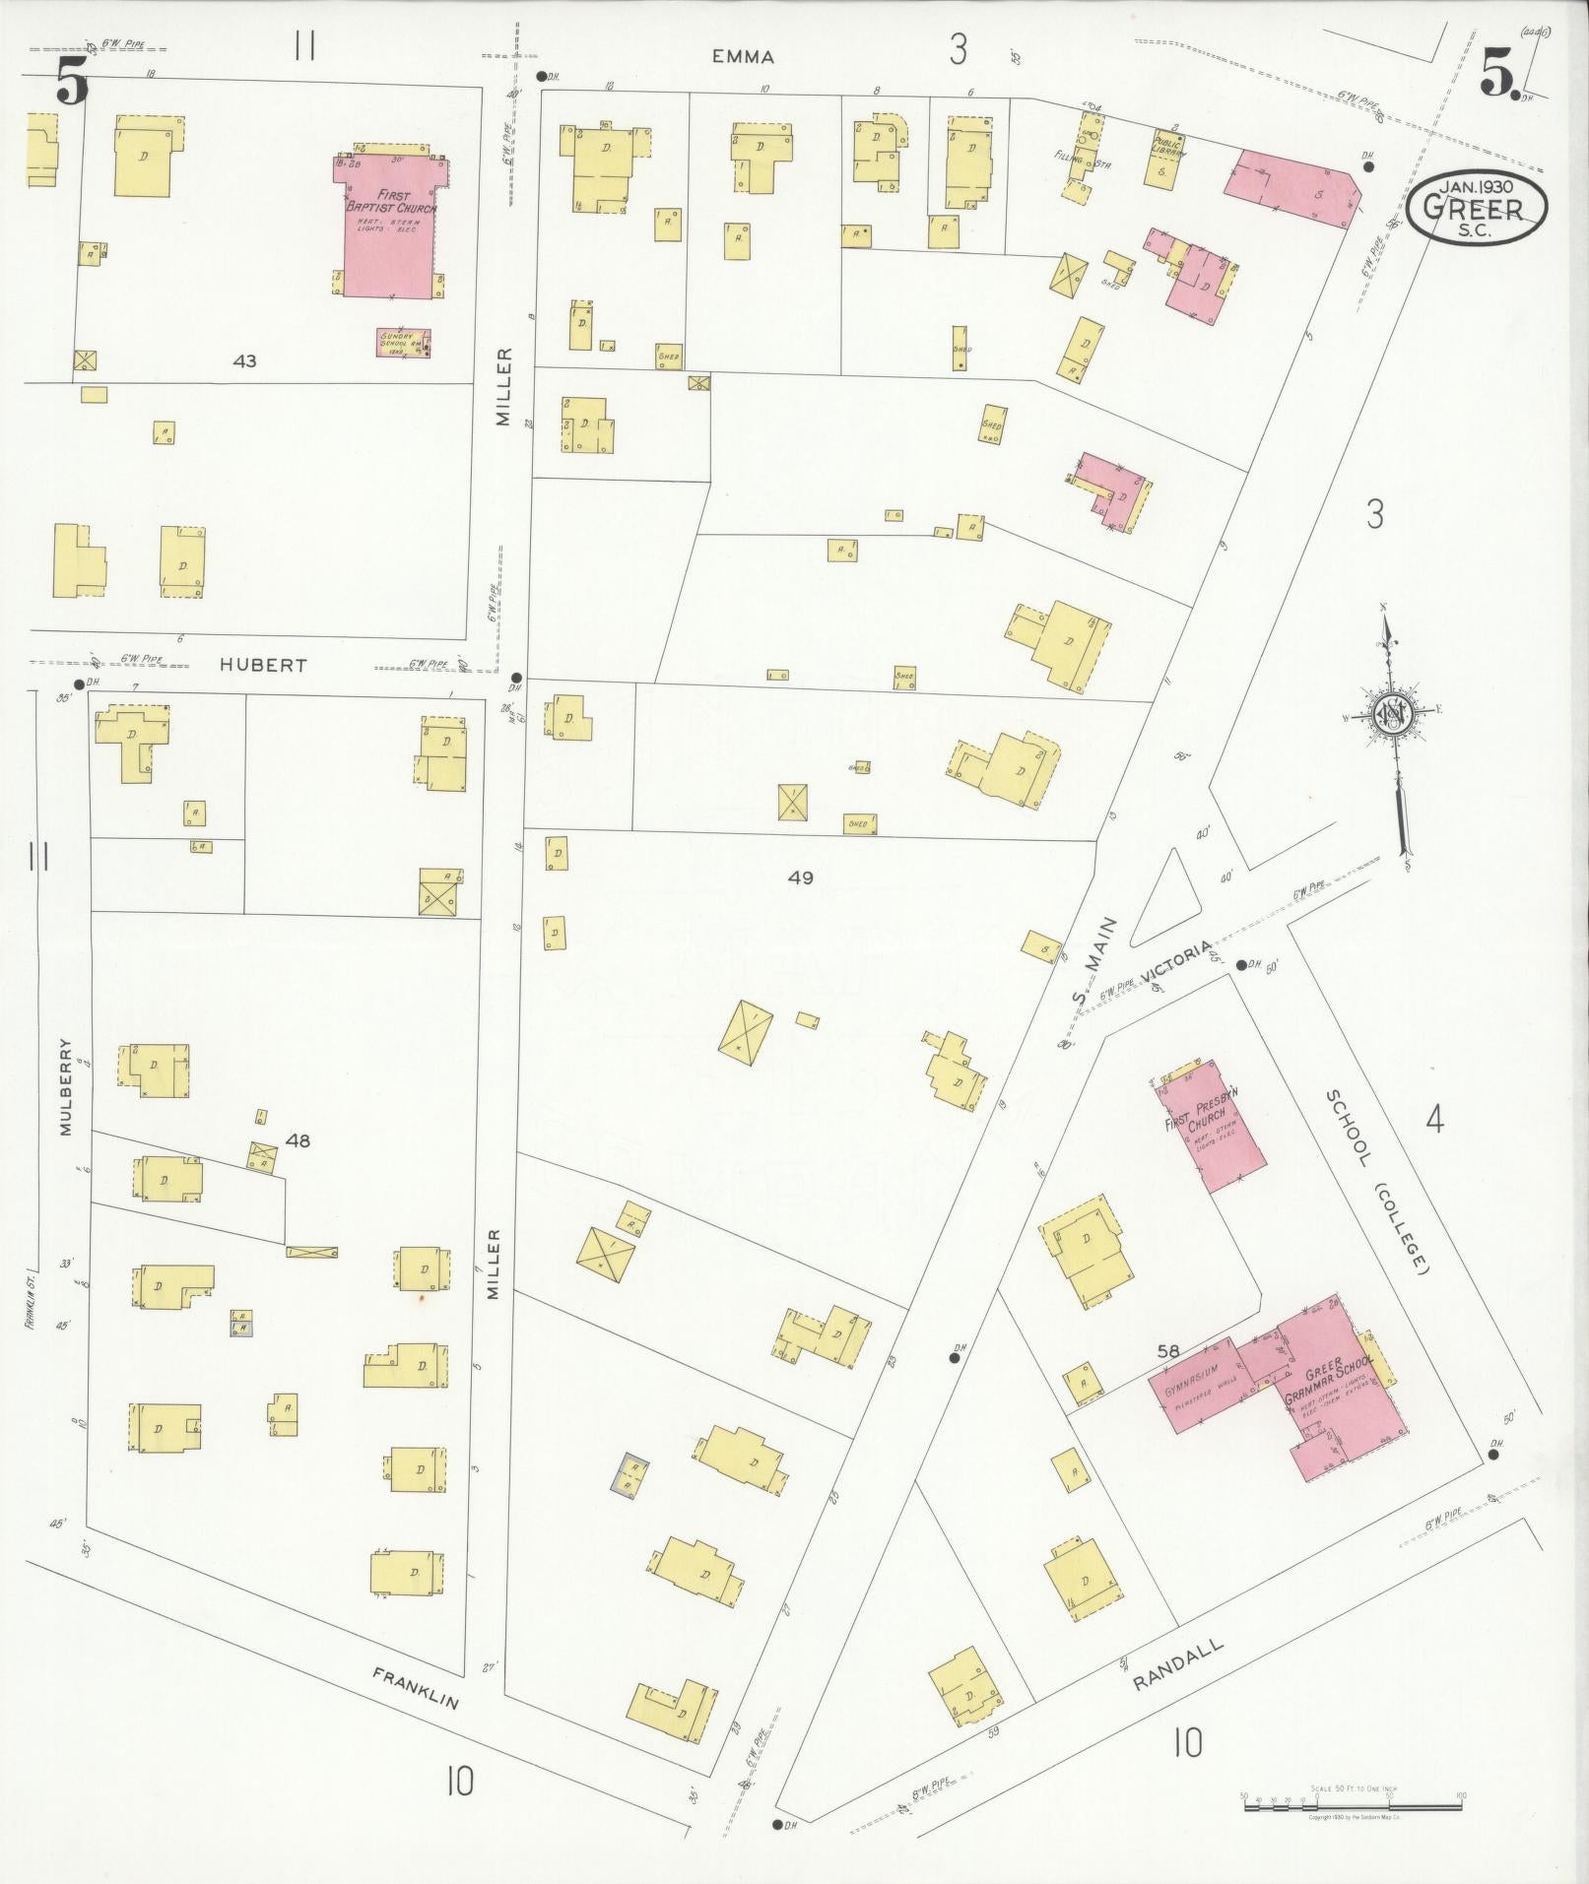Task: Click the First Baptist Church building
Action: point(390,227)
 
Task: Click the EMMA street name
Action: point(743,57)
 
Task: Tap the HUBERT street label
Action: point(263,665)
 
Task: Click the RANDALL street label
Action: point(1178,1663)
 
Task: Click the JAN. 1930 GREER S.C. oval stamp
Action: point(1476,207)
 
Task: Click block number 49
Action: point(801,877)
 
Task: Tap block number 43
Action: point(244,361)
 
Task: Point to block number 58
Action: point(1168,1351)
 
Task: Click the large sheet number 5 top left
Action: point(71,81)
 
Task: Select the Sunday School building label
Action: point(403,342)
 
